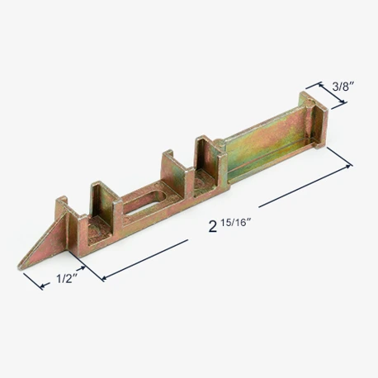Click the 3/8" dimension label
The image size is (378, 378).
[x=343, y=87]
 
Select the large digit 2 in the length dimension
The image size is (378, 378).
[x=213, y=227]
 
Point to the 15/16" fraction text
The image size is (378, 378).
[x=236, y=222]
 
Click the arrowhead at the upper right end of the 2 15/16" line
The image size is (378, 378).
[x=348, y=166]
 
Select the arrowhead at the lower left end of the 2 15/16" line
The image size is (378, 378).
[x=105, y=277]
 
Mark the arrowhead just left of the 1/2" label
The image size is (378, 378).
[x=44, y=286]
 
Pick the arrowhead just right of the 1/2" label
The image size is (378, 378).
[x=82, y=268]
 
